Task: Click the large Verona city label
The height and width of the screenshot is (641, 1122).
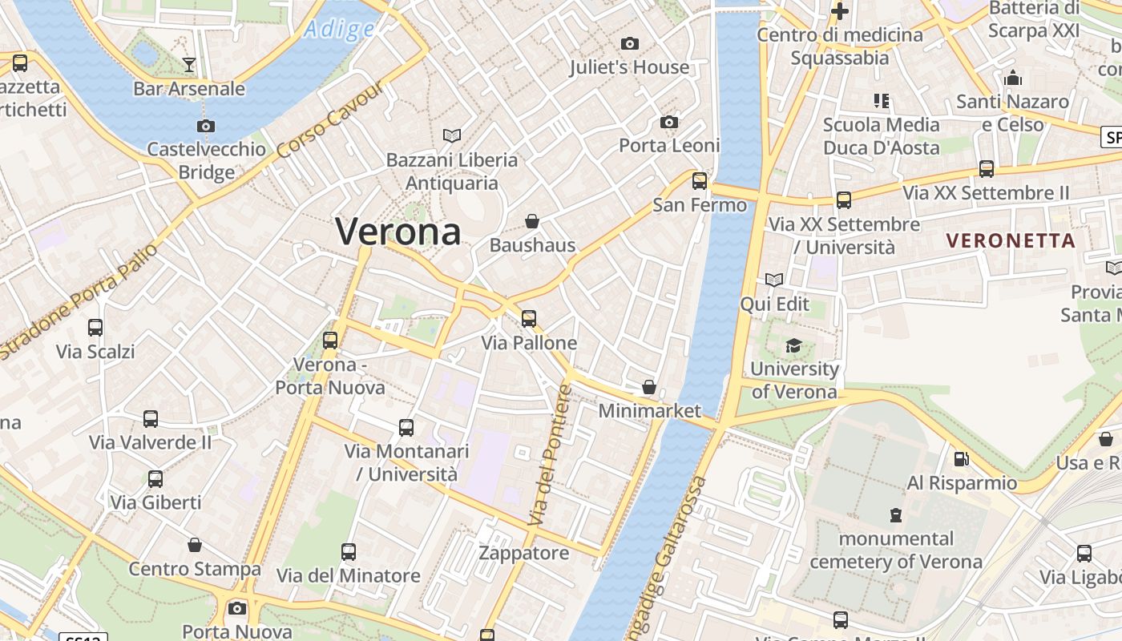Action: [398, 232]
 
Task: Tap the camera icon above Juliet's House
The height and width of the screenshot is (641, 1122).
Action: [630, 43]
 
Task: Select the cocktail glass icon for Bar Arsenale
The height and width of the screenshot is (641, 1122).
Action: [189, 64]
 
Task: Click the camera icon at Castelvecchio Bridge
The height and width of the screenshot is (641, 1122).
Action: [206, 126]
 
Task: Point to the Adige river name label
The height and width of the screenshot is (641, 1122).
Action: [339, 30]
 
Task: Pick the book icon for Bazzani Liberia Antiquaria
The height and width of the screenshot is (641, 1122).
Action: [452, 135]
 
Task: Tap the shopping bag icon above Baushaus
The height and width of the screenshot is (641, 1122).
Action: [532, 220]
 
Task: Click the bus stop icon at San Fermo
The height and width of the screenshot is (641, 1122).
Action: [700, 181]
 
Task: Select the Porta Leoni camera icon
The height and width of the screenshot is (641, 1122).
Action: [669, 122]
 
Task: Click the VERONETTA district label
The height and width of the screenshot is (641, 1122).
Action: [1011, 240]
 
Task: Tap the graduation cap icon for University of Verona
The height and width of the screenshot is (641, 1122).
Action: [793, 345]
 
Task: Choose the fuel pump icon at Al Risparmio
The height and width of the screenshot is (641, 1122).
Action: [961, 459]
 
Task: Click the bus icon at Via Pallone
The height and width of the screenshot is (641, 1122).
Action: [529, 318]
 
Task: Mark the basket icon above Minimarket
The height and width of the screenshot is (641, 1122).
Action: [649, 387]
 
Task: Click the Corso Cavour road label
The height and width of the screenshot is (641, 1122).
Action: [331, 120]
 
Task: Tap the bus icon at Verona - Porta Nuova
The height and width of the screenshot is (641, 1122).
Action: [330, 340]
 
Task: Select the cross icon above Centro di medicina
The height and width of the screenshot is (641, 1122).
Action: [840, 11]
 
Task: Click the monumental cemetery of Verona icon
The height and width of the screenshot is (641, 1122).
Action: [896, 514]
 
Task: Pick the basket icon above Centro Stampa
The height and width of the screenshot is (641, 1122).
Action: [195, 546]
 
